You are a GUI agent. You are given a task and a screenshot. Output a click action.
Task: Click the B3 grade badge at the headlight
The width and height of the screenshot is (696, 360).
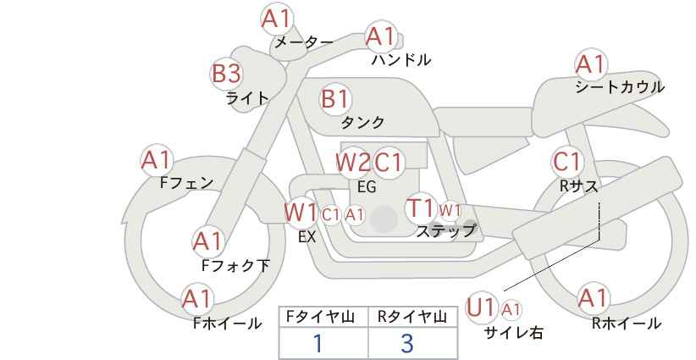(226, 73)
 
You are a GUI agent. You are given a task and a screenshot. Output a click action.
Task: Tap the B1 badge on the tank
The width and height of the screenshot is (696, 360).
(335, 98)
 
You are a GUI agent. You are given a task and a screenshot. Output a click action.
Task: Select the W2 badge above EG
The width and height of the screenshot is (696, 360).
(352, 163)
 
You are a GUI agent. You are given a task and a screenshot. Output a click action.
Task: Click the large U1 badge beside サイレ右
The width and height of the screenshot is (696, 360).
(481, 307)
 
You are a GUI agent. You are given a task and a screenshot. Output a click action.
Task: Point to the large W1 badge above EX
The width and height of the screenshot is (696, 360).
(301, 212)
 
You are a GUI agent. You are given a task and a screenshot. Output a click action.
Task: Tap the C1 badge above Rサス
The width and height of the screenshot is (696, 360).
(567, 163)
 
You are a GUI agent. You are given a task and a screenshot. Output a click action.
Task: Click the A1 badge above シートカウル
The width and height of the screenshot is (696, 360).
(591, 64)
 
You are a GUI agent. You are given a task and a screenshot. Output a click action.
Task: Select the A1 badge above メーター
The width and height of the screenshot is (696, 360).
(277, 19)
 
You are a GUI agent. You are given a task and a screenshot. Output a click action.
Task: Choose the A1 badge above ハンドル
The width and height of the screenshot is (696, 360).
(381, 36)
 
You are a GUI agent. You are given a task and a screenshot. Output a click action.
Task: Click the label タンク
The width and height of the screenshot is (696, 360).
(362, 123)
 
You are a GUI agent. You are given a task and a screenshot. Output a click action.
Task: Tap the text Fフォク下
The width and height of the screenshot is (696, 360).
(235, 265)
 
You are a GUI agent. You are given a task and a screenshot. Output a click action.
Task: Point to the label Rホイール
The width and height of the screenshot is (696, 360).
(627, 324)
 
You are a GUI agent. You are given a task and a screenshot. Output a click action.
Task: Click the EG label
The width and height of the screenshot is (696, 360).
(367, 186)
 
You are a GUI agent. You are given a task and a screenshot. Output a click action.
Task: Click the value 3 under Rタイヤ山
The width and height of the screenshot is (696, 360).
(407, 343)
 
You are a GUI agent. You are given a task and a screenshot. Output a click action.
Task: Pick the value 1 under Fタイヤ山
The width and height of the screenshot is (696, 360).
(318, 343)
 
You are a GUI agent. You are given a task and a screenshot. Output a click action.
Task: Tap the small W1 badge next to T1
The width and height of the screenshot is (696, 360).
(450, 210)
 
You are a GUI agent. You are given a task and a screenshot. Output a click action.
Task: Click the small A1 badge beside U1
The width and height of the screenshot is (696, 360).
(511, 309)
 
